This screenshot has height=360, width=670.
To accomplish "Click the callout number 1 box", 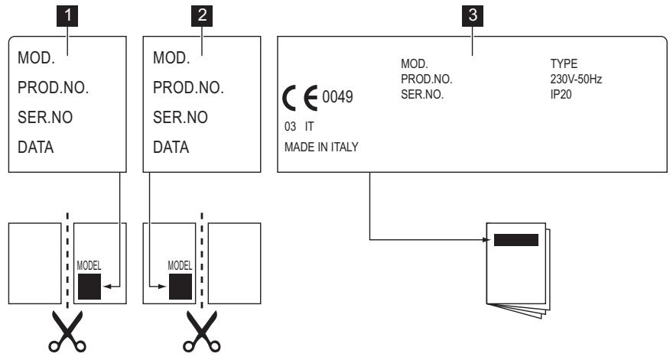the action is pos(67,16).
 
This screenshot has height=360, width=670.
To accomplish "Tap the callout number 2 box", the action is pos(202,16).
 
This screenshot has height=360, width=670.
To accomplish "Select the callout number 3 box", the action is pos(473,16).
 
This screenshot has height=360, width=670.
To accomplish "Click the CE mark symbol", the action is pos(300,98).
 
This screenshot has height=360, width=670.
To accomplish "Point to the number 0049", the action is pos(337,97).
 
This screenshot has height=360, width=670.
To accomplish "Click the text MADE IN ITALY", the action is pos(321,147).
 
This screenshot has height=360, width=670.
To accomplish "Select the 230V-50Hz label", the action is pos(576,79).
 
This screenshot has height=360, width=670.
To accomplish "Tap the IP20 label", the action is pos(561,94).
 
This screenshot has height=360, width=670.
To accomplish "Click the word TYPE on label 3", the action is pos(564,63).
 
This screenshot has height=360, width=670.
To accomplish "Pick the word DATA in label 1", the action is pos(35,148).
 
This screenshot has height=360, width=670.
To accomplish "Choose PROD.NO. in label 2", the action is pos(188,88).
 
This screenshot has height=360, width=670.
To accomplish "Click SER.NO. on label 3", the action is pos(422,94).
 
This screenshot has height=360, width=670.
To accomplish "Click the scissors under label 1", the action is pos(67,332).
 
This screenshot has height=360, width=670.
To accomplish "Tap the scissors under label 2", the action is pos(202,332).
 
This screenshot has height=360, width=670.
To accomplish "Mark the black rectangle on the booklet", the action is pos(516,240).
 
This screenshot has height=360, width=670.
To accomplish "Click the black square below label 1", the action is pos(89,287).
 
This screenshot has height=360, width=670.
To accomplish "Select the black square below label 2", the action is pos(181,287).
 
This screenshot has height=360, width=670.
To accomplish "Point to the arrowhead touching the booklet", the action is pos(486,239).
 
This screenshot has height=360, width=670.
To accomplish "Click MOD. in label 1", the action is pos(36,57).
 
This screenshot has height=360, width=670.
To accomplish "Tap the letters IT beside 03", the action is pos(309,126).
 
